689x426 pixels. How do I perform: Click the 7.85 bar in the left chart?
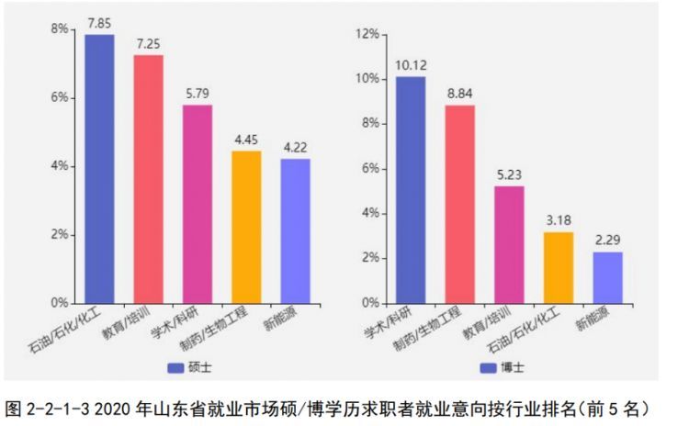point(99,169)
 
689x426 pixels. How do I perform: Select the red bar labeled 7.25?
point(149,179)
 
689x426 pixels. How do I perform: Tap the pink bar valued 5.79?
point(198,204)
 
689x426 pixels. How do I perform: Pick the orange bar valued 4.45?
point(246,227)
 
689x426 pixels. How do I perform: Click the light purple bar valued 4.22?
point(296,230)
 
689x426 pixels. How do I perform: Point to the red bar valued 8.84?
point(459,204)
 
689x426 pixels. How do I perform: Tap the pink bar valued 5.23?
point(509,244)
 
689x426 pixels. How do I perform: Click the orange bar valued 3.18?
point(558,267)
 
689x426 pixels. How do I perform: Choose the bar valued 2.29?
point(607,277)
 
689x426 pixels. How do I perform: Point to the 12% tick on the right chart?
point(367,35)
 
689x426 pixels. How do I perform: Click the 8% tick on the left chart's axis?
point(60,29)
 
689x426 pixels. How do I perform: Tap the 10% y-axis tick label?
point(367,79)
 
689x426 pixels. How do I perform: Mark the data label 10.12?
point(411,65)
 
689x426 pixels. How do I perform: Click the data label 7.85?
point(99,22)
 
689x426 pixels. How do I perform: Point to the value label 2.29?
point(607,241)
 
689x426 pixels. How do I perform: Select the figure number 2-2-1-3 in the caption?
point(55,406)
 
